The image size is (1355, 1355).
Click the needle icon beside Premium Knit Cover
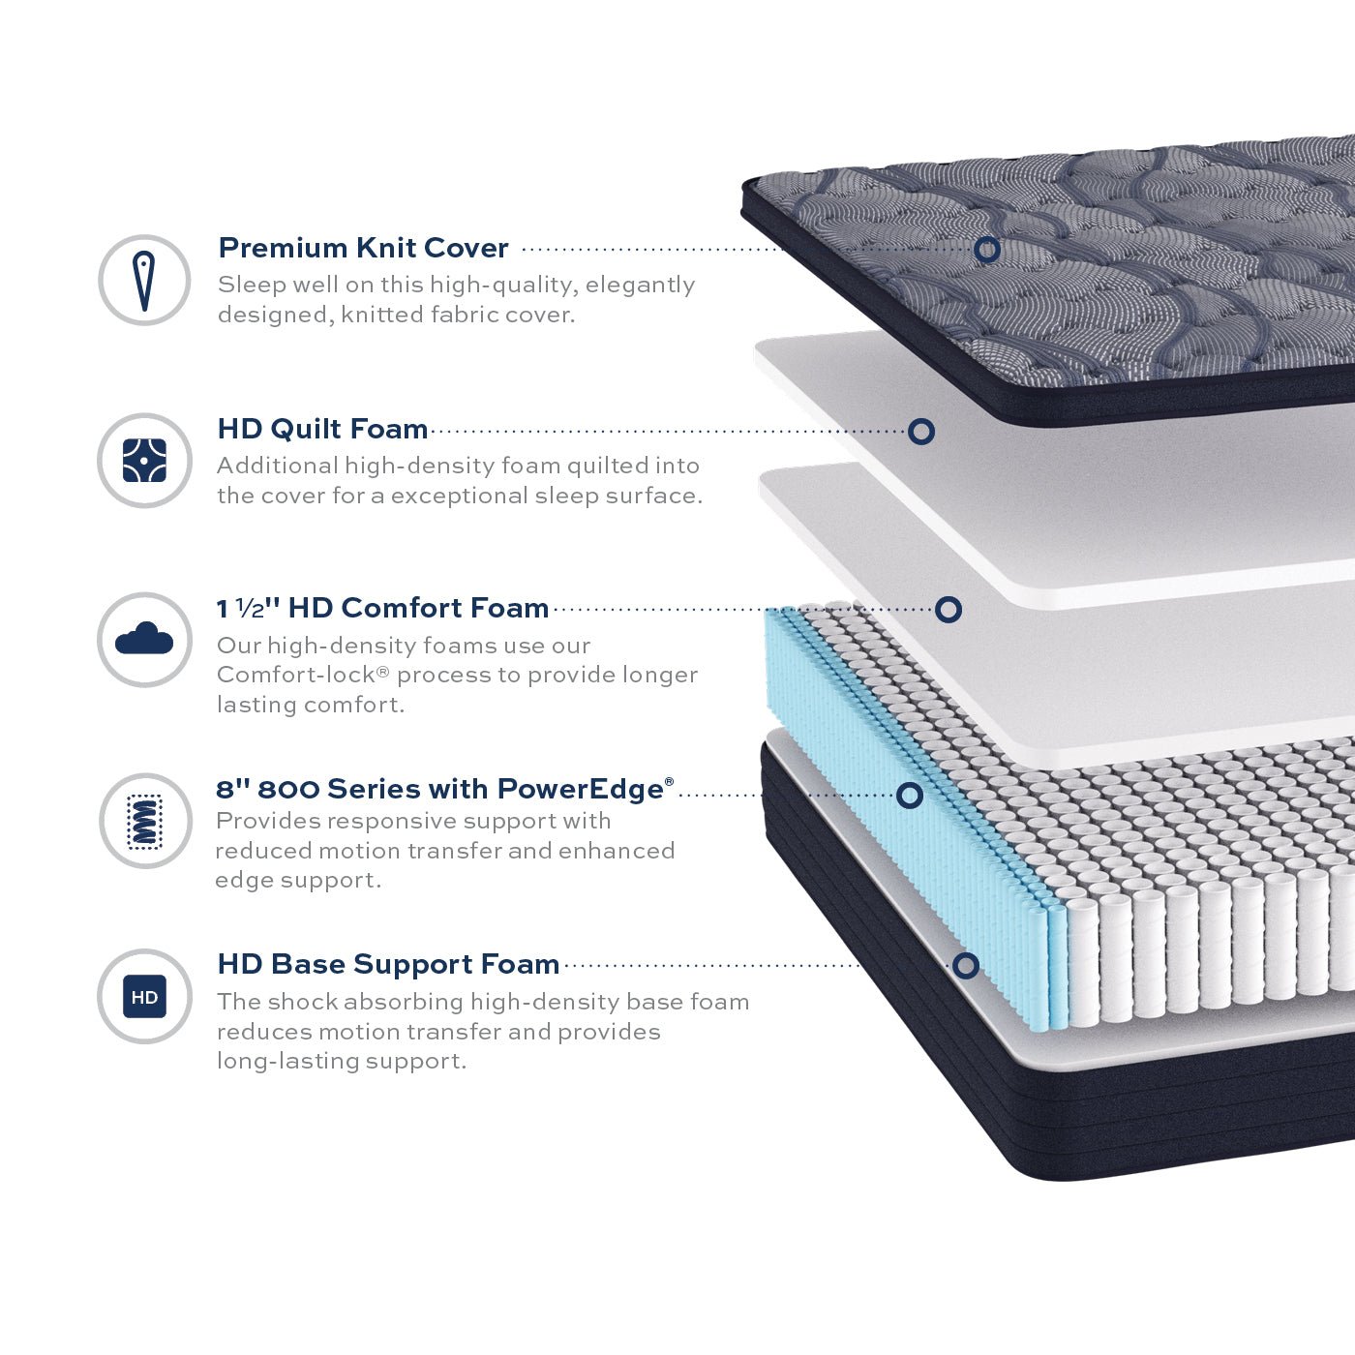click(x=144, y=281)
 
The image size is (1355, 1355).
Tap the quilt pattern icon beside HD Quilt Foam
click(x=144, y=461)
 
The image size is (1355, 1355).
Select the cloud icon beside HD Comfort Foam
click(x=144, y=639)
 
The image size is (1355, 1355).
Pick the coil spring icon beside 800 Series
click(x=145, y=822)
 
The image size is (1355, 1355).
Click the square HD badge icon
click(x=144, y=996)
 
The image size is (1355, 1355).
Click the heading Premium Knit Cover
click(x=364, y=248)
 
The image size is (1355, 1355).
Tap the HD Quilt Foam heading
click(x=322, y=429)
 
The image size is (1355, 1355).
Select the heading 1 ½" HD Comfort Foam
click(x=382, y=608)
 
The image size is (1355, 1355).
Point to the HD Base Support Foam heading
click(x=388, y=964)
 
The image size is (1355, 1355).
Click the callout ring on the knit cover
click(x=987, y=249)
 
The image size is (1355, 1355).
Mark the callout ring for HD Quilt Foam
click(x=921, y=431)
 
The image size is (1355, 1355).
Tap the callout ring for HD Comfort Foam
click(x=948, y=610)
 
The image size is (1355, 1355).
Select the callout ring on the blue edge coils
click(x=910, y=796)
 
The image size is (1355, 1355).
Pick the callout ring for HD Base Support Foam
click(x=966, y=966)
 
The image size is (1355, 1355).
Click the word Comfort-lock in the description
click(x=296, y=675)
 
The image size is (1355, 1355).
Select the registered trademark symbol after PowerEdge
click(x=669, y=781)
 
